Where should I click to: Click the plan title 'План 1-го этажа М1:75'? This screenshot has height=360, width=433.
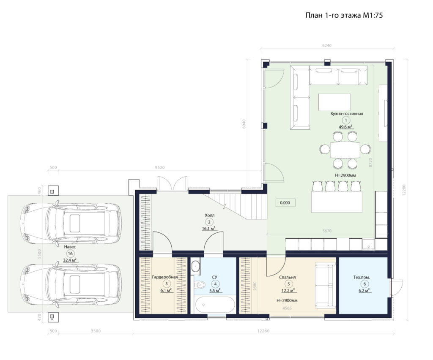pyautogui.click(x=344, y=15)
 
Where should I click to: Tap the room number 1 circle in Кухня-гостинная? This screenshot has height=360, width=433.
pyautogui.click(x=345, y=120)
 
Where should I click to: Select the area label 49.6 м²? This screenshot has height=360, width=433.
pyautogui.click(x=346, y=127)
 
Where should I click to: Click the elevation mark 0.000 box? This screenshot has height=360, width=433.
pyautogui.click(x=285, y=203)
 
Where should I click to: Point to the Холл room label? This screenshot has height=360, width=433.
pyautogui.click(x=210, y=215)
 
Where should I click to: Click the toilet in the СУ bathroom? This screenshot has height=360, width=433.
pyautogui.click(x=199, y=284)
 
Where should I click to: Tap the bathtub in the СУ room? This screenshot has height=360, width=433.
pyautogui.click(x=215, y=305)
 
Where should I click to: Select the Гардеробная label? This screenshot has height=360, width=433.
pyautogui.click(x=165, y=277)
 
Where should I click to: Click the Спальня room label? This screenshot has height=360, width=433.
pyautogui.click(x=287, y=277)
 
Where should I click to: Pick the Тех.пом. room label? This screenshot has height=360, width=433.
pyautogui.click(x=362, y=277)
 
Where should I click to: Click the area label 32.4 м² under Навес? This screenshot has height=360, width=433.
pyautogui.click(x=70, y=260)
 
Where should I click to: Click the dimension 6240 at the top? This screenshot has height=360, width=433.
pyautogui.click(x=327, y=46)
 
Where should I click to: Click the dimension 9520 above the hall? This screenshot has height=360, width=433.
pyautogui.click(x=159, y=167)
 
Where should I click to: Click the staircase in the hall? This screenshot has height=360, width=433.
pyautogui.click(x=235, y=205)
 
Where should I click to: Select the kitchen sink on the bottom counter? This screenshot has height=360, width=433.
pyautogui.click(x=368, y=244)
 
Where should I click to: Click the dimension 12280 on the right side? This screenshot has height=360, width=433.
pyautogui.click(x=404, y=190)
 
